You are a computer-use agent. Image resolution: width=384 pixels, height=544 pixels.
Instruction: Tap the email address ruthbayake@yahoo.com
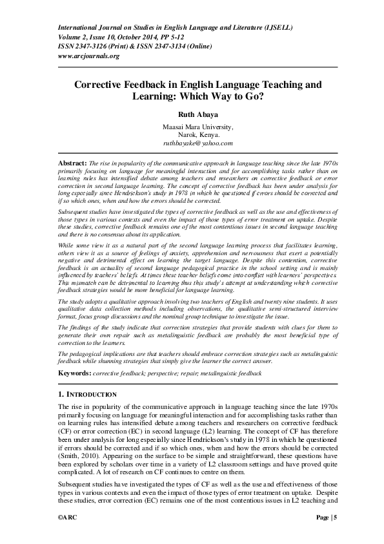pyautogui.click(x=192, y=143)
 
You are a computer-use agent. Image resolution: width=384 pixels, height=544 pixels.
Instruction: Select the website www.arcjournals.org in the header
pyautogui.click(x=89, y=56)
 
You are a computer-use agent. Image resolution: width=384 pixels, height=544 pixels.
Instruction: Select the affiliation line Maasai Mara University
pyautogui.click(x=192, y=127)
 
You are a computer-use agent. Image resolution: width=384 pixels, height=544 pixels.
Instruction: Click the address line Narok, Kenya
pyautogui.click(x=192, y=134)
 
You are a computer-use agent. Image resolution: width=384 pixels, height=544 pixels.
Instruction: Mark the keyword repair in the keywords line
pyautogui.click(x=208, y=373)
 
